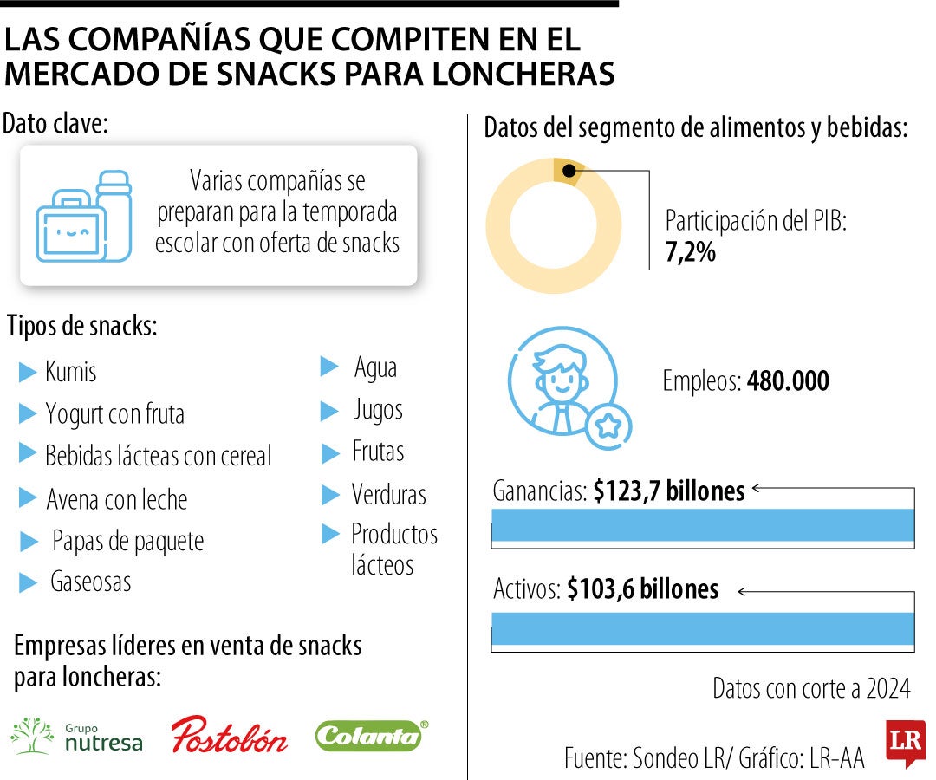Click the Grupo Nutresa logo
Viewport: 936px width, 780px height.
point(76,735)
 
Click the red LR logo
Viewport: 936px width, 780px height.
point(905,741)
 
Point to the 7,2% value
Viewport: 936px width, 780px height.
point(690,254)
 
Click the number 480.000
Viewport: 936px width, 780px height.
point(787,380)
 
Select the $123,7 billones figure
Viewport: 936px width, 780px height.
point(668,491)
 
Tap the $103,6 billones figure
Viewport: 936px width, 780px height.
point(642,589)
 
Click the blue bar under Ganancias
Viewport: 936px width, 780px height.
point(703,525)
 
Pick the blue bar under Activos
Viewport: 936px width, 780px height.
point(703,628)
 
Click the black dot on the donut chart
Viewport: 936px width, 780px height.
point(568,171)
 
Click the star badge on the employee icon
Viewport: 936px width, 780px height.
point(608,426)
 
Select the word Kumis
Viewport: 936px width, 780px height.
point(70,373)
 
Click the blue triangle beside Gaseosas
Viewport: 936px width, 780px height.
point(28,582)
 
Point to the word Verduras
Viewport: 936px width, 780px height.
point(388,495)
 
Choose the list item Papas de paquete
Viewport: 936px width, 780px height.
point(127,542)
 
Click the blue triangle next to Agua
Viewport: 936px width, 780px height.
point(328,367)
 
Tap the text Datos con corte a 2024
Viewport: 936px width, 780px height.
point(811,688)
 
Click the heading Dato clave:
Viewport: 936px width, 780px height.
point(55,123)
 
